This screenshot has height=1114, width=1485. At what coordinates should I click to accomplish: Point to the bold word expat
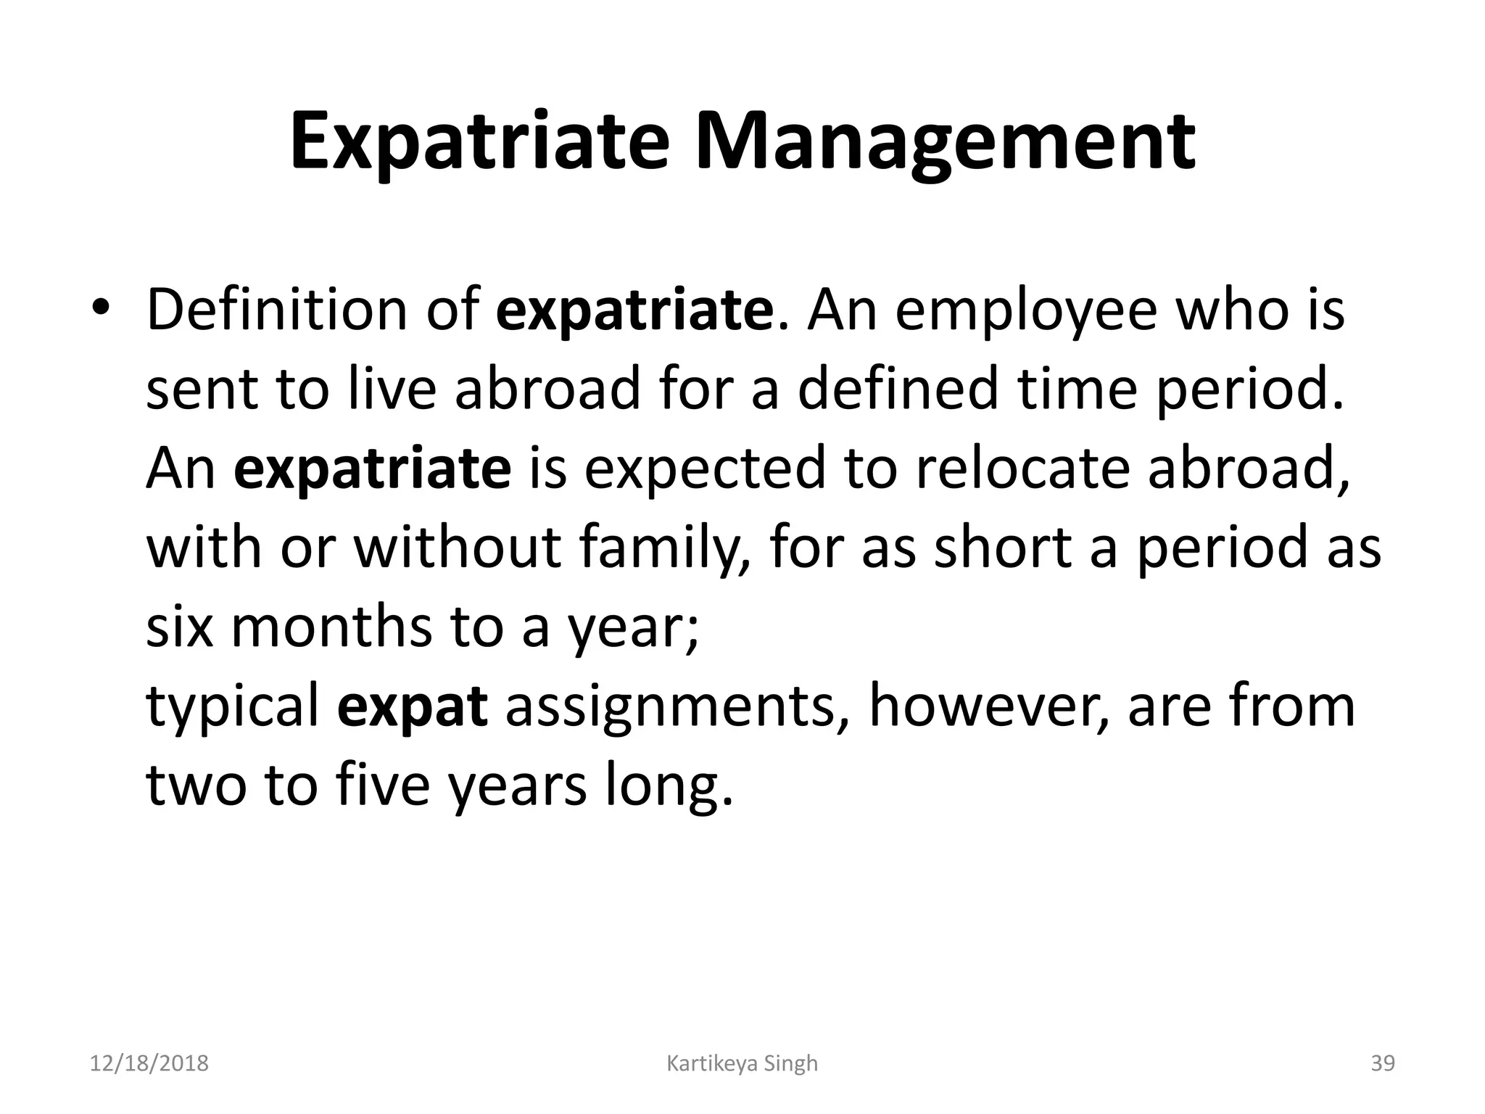412,707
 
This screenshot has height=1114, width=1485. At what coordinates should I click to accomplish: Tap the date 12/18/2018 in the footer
149,1063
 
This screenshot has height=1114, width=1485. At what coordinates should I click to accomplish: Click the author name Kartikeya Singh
742,1063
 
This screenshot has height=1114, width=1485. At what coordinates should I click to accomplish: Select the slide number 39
1383,1063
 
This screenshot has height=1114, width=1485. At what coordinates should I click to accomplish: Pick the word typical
233,707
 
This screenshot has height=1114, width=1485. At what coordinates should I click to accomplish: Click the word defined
898,389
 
